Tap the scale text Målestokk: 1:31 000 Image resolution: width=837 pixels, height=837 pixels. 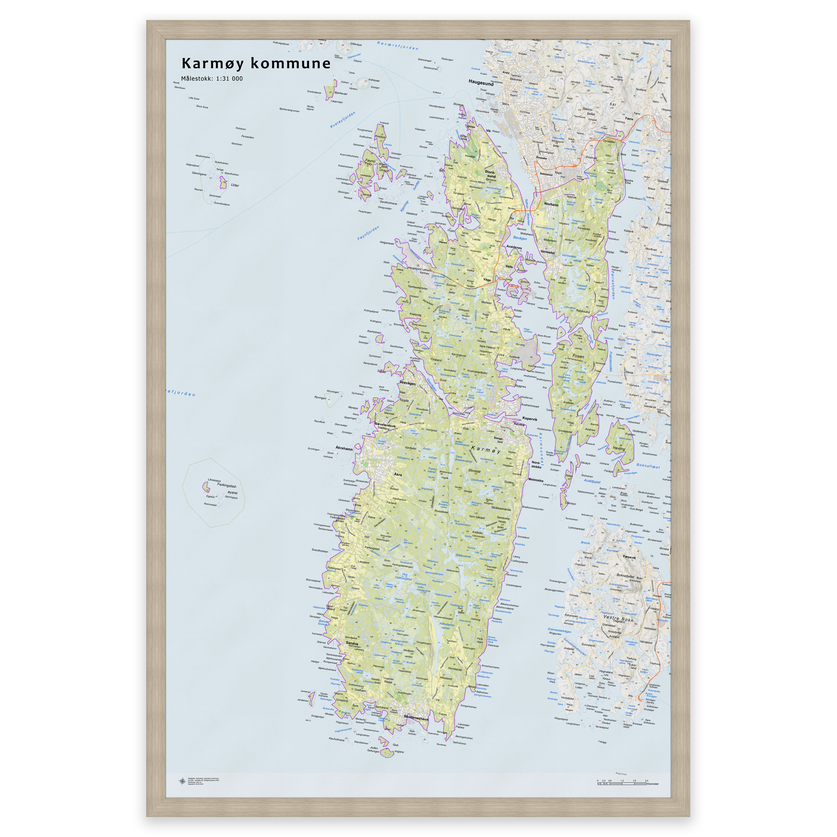(212, 78)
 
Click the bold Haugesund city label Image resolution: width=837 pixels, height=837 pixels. (481, 83)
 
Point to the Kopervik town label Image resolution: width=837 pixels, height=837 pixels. (529, 419)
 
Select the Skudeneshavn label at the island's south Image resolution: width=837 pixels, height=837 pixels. (416, 717)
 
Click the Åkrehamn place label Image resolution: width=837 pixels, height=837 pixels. (344, 448)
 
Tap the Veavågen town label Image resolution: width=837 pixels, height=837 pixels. (407, 383)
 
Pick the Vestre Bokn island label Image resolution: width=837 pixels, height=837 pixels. (618, 619)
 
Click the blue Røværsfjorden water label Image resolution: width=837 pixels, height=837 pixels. (397, 45)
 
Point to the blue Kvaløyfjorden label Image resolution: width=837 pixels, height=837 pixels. (342, 120)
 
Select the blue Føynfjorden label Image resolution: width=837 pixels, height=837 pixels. (368, 233)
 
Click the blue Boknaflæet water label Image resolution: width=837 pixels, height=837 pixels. (648, 466)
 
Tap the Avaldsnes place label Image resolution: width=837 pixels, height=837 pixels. (514, 247)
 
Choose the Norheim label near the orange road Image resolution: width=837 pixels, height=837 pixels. (551, 204)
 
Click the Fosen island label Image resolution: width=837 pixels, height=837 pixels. (578, 356)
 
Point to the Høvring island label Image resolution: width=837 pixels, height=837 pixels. (619, 448)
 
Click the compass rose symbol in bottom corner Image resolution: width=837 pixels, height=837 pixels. (182, 781)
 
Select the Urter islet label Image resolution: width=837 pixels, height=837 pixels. (235, 185)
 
